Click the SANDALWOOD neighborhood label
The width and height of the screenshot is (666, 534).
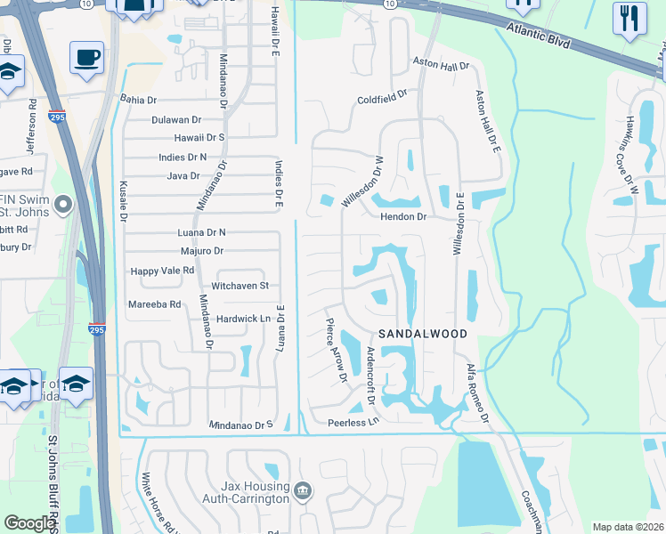click(x=423, y=333)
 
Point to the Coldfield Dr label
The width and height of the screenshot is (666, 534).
click(x=382, y=97)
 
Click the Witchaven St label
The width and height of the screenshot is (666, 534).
click(x=240, y=286)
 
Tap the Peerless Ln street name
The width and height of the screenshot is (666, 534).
click(x=353, y=421)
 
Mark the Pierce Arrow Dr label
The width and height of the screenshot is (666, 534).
click(x=336, y=351)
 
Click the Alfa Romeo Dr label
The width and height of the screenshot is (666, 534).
click(x=478, y=392)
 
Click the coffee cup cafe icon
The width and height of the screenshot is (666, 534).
click(x=87, y=57)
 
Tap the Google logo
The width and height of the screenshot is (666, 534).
click(x=29, y=523)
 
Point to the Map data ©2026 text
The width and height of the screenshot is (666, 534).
click(x=627, y=527)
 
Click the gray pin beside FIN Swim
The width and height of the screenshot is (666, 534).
click(x=62, y=206)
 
